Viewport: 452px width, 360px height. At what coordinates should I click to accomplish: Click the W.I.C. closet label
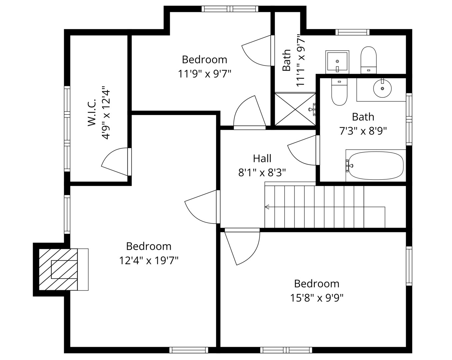(92, 113)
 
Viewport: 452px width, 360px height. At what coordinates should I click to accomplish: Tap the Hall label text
(262, 159)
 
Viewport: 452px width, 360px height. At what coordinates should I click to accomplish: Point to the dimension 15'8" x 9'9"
(317, 298)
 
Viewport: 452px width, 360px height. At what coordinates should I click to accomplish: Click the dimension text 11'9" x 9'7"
(205, 74)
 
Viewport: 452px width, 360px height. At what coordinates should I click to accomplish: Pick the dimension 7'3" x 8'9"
(363, 131)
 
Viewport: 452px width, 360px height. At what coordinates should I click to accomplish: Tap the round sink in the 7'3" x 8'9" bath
(382, 88)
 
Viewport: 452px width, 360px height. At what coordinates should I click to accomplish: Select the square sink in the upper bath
(337, 62)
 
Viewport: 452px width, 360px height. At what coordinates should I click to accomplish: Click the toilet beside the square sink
(368, 60)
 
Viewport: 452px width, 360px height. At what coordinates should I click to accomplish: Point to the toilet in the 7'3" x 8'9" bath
(339, 92)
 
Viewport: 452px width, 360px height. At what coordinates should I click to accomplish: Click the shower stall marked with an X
(295, 109)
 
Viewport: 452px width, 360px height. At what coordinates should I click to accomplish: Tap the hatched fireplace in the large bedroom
(58, 269)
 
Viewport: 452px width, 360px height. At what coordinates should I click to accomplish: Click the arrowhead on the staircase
(267, 207)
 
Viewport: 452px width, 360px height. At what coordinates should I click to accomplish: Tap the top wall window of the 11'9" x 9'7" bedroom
(230, 9)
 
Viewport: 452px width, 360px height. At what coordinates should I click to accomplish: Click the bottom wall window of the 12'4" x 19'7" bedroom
(189, 350)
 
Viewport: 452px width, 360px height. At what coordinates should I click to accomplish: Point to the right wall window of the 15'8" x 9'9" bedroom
(409, 266)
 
